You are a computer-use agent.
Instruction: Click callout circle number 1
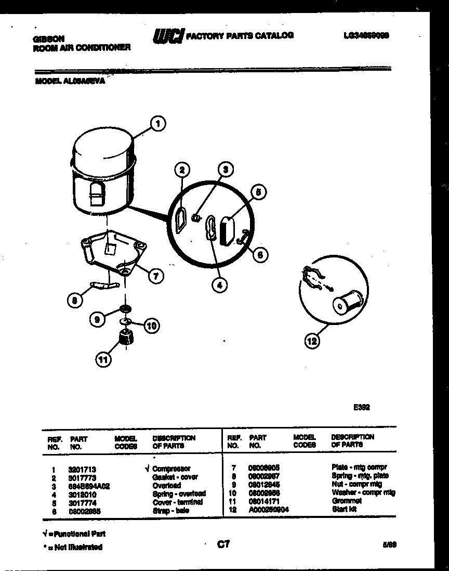158,124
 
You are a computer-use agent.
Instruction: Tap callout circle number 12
312,341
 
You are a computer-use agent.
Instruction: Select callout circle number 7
155,276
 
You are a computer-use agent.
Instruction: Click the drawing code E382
361,409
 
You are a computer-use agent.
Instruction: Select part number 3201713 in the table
82,468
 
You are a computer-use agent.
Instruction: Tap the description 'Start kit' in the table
344,510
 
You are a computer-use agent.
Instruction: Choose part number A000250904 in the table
268,510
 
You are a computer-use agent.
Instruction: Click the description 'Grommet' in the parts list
346,501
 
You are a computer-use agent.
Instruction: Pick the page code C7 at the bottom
223,544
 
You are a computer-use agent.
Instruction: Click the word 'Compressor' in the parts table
171,468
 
